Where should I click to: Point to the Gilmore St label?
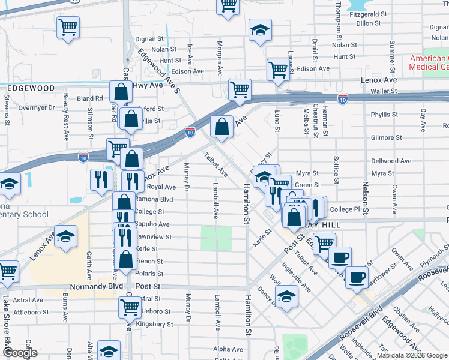point(382,137)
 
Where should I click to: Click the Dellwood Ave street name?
point(391,161)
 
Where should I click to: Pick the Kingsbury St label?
point(154,324)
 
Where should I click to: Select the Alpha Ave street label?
point(228,349)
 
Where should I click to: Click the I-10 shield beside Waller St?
point(342,99)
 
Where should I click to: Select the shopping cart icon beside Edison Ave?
point(278,70)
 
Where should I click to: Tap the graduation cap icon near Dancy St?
point(286,296)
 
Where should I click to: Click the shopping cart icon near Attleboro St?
point(130,307)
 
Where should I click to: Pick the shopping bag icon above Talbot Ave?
point(222,127)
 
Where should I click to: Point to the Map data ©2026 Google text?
point(406,355)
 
